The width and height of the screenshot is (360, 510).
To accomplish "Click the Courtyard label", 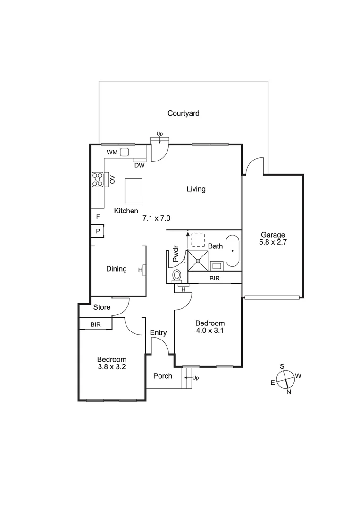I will [x=184, y=113].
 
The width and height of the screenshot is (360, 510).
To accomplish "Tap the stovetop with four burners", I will [x=98, y=179].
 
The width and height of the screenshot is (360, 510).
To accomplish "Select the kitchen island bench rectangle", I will [x=134, y=191].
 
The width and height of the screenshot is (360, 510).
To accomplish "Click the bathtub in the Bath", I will [x=233, y=251].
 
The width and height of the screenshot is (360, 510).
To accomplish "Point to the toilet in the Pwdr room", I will [x=177, y=275].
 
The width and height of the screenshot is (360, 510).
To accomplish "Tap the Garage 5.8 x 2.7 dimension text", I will [x=273, y=242].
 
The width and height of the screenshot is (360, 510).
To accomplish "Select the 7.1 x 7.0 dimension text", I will [x=156, y=218].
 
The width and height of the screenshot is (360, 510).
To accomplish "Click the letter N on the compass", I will [x=289, y=391].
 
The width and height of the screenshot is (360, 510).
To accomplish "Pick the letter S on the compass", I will [x=282, y=366].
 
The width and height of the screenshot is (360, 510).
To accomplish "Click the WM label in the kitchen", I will [x=112, y=152].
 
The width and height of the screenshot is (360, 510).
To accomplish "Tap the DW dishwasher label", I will [x=139, y=165].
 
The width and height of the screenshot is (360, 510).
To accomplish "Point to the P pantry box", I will [x=98, y=231].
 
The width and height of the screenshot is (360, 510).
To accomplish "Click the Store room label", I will [x=101, y=307].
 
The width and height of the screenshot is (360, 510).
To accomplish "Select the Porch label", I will [x=163, y=376].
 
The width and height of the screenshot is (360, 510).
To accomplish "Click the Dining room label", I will [x=116, y=269].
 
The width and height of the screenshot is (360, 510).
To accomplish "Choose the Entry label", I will [x=158, y=333].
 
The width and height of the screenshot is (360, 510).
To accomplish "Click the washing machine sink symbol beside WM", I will [x=125, y=152].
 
